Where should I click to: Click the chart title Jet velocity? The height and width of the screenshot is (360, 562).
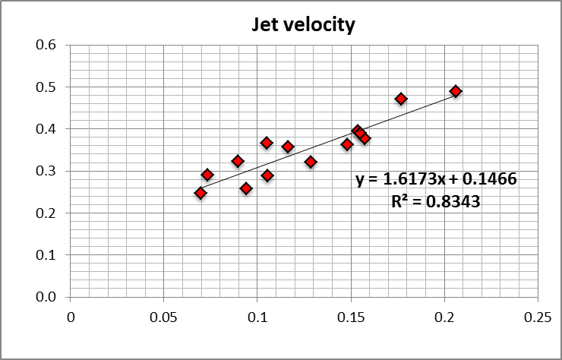pyautogui.click(x=303, y=25)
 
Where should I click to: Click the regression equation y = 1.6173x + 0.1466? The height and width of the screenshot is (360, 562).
pyautogui.click(x=436, y=180)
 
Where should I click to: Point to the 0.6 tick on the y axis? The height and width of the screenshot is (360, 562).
pyautogui.click(x=47, y=45)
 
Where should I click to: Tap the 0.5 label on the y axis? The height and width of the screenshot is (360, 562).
pyautogui.click(x=47, y=87)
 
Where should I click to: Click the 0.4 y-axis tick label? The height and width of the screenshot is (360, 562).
pyautogui.click(x=47, y=129)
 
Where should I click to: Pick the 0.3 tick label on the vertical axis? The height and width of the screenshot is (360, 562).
pyautogui.click(x=47, y=172)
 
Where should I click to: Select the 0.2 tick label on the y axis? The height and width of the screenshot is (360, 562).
pyautogui.click(x=47, y=213)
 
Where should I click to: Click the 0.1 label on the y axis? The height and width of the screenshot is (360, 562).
pyautogui.click(x=47, y=256)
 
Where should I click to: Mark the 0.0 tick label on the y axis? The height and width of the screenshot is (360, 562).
pyautogui.click(x=47, y=298)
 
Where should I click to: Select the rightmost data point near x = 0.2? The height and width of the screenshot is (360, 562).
pyautogui.click(x=456, y=91)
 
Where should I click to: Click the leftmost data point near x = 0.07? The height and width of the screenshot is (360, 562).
pyautogui.click(x=200, y=193)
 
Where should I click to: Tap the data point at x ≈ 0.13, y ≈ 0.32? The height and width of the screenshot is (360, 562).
pyautogui.click(x=311, y=162)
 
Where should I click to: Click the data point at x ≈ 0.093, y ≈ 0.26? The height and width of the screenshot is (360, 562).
pyautogui.click(x=246, y=188)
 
